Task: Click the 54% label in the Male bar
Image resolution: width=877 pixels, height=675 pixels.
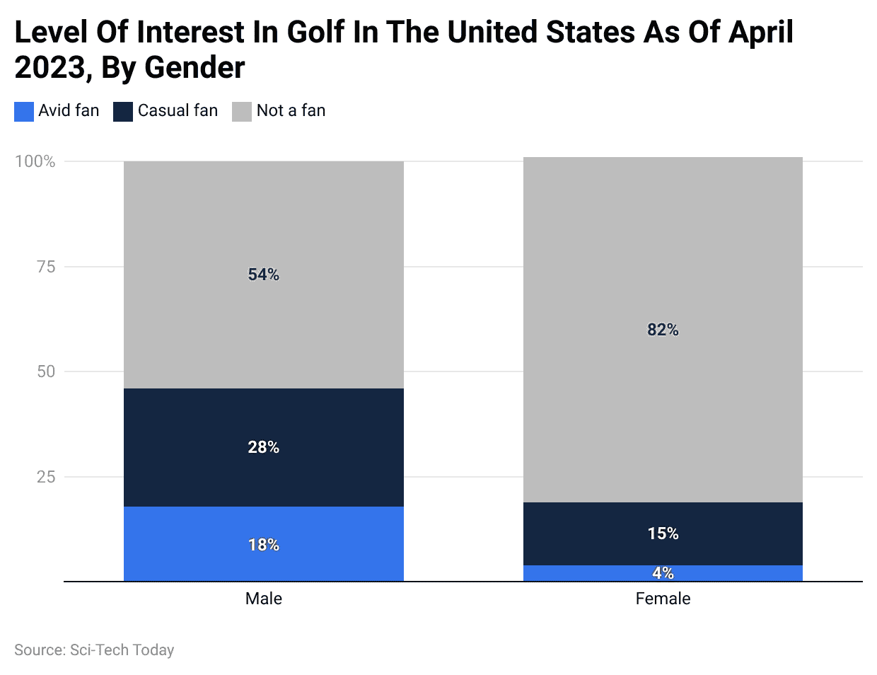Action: coord(263,275)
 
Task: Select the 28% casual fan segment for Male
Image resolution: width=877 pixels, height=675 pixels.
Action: coord(263,447)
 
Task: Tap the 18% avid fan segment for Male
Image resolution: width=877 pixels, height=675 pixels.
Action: coord(263,544)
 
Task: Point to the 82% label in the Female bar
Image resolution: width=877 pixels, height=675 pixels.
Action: coord(663,330)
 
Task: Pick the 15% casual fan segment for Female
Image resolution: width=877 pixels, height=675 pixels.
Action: coord(663,533)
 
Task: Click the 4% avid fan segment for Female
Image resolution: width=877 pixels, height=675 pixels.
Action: coord(663,573)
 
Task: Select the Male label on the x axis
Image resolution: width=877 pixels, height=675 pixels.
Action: coord(263,599)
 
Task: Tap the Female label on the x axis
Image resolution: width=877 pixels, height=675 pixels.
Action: coord(663,599)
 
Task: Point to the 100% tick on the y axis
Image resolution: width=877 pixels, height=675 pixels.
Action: coord(35,161)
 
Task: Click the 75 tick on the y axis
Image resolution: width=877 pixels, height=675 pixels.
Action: coord(46,267)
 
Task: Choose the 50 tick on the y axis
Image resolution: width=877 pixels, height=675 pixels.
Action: coord(46,371)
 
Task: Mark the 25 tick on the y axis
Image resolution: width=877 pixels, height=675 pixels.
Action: coord(46,477)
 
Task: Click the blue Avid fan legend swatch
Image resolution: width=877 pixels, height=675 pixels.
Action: coord(24,112)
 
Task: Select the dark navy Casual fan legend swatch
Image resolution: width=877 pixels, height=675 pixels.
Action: coord(123,112)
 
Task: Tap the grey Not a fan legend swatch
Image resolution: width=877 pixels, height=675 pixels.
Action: coord(242,112)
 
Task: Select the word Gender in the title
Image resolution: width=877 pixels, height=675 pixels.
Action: coord(194,68)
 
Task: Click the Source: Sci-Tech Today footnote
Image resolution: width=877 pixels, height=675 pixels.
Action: coord(94,650)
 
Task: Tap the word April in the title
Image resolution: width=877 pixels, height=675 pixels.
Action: coord(761,33)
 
